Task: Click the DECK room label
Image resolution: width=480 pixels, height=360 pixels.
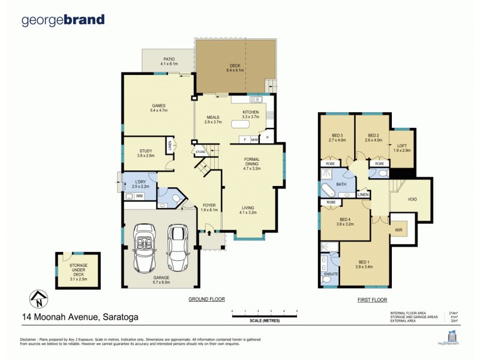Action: (235, 67)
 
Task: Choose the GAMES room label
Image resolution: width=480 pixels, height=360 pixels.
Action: (158, 108)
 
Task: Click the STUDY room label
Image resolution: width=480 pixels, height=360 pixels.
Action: (146, 153)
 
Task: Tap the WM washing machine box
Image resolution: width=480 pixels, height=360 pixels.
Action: (139, 196)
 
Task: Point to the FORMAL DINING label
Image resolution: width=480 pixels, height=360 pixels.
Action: (252, 162)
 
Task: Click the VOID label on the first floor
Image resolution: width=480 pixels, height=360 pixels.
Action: (412, 200)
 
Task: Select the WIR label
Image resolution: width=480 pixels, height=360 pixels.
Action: (397, 229)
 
